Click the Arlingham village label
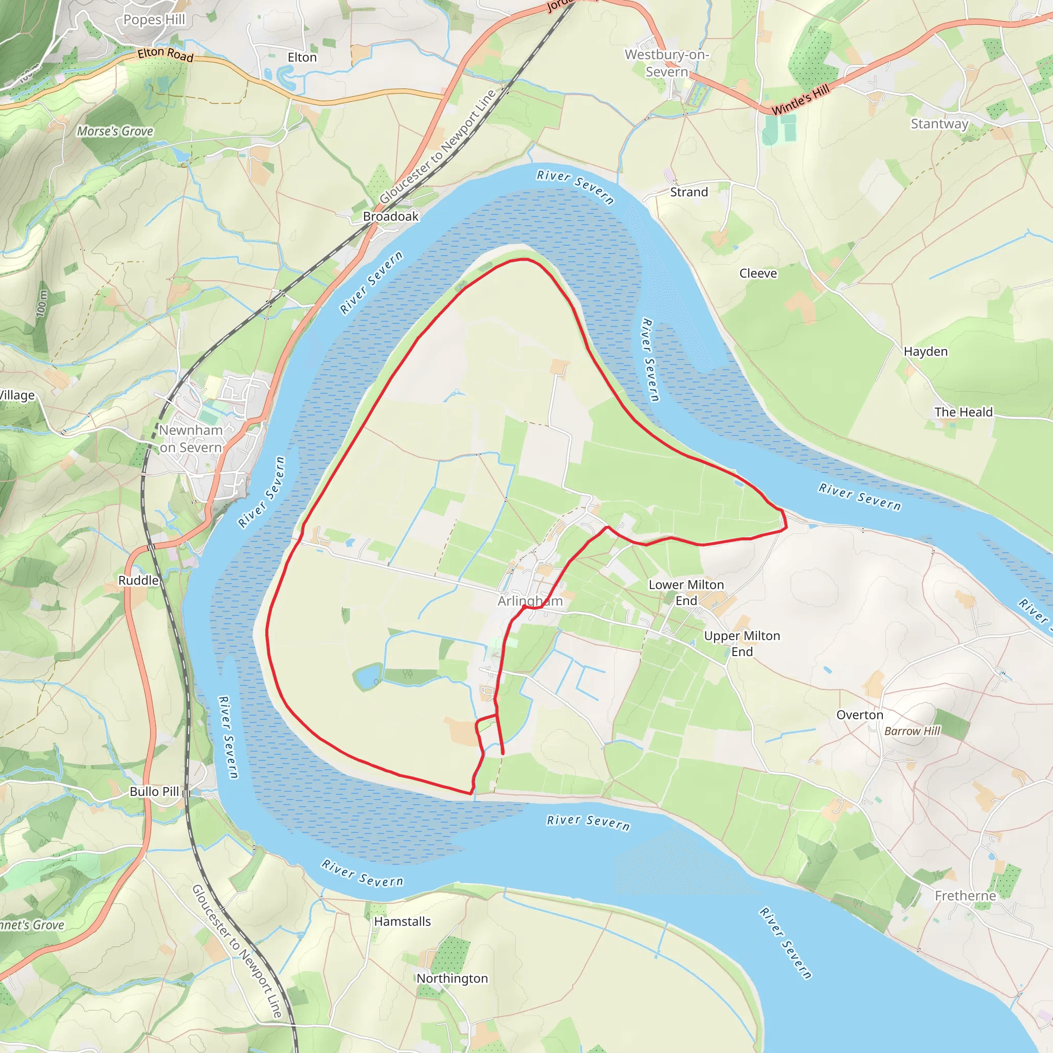(530, 601)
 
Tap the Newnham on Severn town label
(191, 439)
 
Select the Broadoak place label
(391, 216)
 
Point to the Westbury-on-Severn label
(666, 63)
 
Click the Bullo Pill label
(154, 791)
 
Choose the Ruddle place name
(138, 580)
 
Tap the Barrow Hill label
(912, 731)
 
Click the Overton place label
(860, 715)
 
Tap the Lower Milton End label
(686, 592)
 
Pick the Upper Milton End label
(742, 644)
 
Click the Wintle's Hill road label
(800, 99)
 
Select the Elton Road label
(165, 55)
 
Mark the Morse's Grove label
(115, 131)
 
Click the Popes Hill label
(154, 20)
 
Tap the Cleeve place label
(757, 273)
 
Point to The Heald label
(963, 412)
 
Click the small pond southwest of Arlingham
(367, 676)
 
